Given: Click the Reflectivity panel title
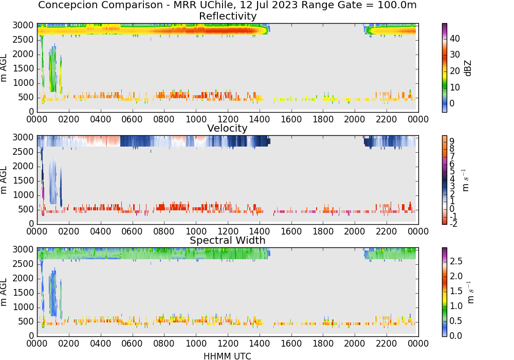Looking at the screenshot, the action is click(228, 16).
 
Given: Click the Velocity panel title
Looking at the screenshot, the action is click(227, 128).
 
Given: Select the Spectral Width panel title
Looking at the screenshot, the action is click(228, 240).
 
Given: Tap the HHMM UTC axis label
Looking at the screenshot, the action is click(227, 356).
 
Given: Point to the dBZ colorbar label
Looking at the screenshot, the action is click(468, 68).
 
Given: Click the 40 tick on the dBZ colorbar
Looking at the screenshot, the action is click(455, 39).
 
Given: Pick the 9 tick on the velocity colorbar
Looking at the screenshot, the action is click(452, 141).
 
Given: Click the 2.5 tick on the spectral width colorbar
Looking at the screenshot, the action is click(456, 261).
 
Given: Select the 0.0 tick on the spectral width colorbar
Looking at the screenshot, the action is click(456, 336).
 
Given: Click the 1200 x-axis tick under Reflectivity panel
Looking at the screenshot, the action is click(228, 119).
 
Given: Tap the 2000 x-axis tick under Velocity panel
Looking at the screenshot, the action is click(354, 231).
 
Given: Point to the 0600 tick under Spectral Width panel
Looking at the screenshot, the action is click(132, 344).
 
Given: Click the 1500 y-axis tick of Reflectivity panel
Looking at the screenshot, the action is click(23, 68).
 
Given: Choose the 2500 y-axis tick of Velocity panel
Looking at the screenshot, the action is click(23, 152).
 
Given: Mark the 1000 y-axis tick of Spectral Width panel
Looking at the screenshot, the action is click(23, 307).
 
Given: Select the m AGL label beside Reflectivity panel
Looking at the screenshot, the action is click(4, 68).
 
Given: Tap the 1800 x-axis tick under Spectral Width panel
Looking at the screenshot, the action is click(323, 344).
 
